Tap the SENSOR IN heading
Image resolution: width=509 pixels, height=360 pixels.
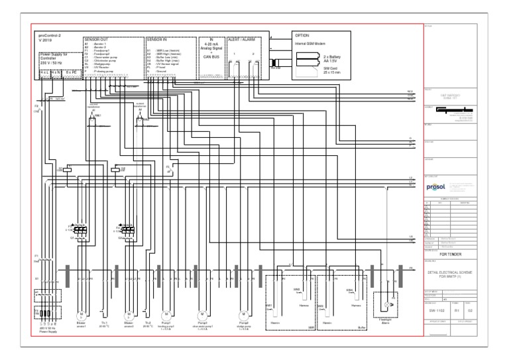159,39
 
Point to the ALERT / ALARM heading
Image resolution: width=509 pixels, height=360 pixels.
243,39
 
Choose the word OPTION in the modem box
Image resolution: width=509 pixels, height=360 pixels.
304,34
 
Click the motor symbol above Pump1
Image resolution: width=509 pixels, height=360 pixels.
166,313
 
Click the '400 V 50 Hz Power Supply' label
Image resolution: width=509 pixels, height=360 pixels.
45,331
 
